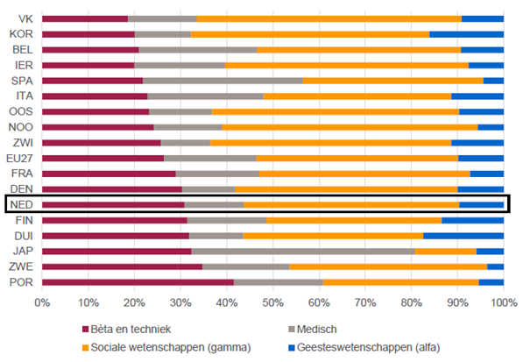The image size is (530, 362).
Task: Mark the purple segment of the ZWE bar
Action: tap(122, 266)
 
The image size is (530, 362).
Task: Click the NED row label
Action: tap(21, 204)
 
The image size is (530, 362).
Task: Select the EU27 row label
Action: tap(19, 158)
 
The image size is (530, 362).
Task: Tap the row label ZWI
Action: tap(22, 142)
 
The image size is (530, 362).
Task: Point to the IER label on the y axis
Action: tap(22, 65)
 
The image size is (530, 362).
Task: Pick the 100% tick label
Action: tap(503, 302)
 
